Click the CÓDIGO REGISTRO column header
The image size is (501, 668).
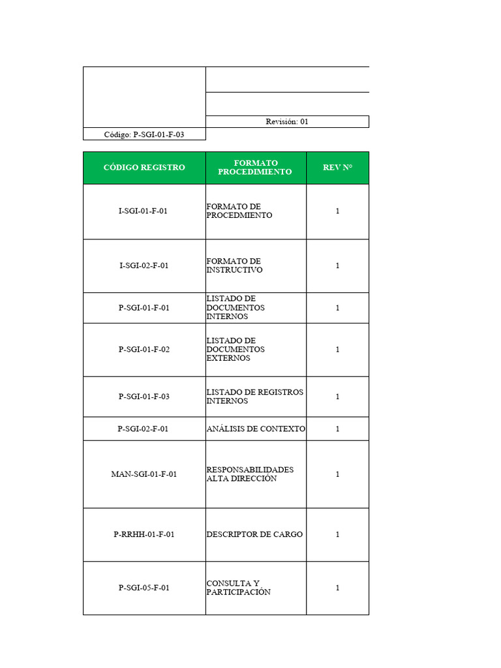(x=144, y=168)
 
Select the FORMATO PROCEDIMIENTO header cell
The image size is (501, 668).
(x=255, y=168)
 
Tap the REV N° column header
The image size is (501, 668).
(x=337, y=168)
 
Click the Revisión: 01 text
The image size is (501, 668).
(x=287, y=121)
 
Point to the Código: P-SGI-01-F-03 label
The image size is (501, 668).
(x=144, y=134)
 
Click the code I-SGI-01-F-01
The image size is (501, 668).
(x=144, y=211)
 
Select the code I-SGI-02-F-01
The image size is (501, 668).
(x=144, y=266)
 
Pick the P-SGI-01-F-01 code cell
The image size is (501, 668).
(x=144, y=308)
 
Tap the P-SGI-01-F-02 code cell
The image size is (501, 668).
(x=144, y=350)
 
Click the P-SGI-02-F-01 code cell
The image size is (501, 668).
(x=144, y=429)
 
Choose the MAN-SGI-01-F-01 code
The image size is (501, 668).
(x=144, y=474)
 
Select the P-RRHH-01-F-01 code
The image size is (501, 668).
(x=144, y=534)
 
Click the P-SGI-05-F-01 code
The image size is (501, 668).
(x=144, y=588)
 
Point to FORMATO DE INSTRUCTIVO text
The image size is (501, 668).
(x=234, y=266)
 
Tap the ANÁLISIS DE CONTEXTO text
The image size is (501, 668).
(x=256, y=429)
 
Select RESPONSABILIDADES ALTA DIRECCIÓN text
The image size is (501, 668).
(x=250, y=474)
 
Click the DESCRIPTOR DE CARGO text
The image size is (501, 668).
(x=254, y=534)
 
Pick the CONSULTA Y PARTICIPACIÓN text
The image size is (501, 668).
(x=238, y=588)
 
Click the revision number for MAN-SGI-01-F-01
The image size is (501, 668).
(x=337, y=474)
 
